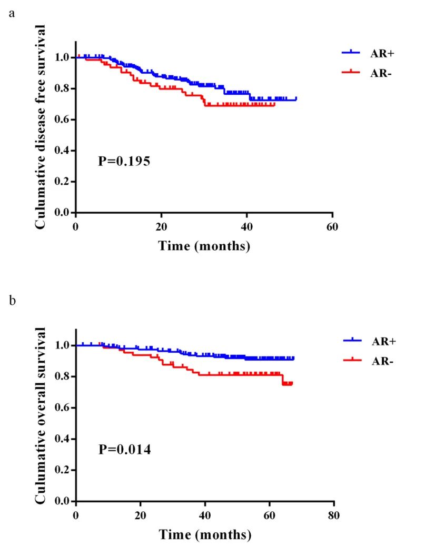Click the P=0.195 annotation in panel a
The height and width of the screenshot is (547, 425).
click(124, 162)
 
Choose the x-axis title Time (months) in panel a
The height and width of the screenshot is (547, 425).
click(204, 246)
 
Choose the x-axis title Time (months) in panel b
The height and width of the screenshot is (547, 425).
click(205, 535)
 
